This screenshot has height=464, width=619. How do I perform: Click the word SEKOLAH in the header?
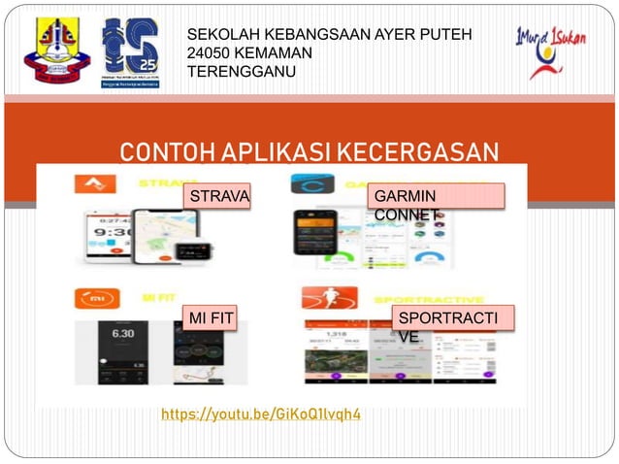225,36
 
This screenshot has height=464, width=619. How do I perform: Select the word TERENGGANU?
244,71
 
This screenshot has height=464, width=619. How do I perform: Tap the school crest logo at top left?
54,50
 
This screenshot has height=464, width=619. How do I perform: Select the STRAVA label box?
219,196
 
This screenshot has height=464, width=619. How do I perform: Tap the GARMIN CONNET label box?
437,197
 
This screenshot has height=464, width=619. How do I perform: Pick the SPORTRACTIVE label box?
452,319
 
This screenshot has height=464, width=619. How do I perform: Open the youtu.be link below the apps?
261,415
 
